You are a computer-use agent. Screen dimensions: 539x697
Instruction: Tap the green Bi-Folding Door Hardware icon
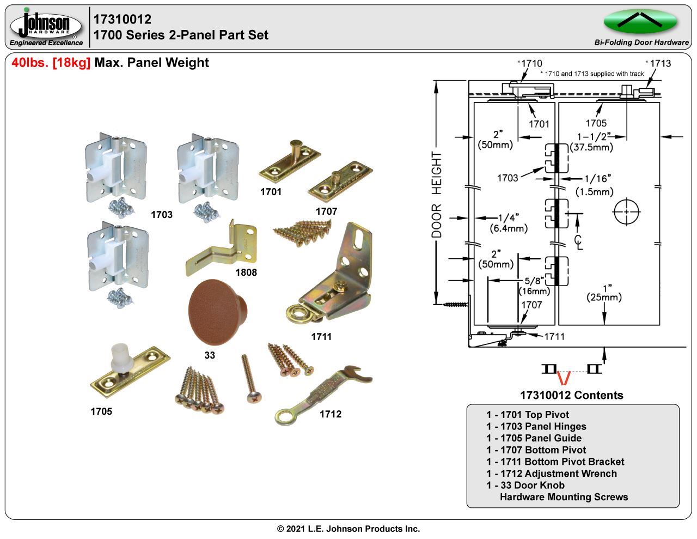pos(640,22)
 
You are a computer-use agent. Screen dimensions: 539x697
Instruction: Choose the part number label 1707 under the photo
pos(326,211)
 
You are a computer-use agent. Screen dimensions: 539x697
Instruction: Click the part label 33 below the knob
pos(210,355)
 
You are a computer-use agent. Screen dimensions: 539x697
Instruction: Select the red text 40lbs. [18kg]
pos(51,63)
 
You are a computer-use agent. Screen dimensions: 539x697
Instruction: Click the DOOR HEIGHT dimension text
pos(437,195)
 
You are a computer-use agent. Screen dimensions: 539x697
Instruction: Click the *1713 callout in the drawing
pos(658,63)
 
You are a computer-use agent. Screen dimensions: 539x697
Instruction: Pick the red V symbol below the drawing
pos(565,378)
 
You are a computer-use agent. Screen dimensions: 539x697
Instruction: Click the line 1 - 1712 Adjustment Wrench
pos(552,474)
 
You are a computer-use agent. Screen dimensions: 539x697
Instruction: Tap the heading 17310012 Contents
pos(572,395)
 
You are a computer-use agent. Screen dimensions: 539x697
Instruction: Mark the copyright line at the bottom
pos(348,529)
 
